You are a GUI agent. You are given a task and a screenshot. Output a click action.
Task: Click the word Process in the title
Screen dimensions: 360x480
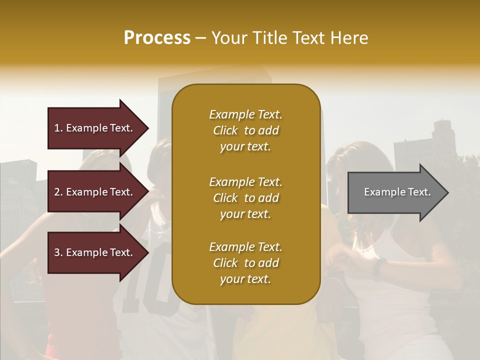coord(157,38)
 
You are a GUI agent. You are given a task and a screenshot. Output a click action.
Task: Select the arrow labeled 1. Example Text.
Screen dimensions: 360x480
coord(95,128)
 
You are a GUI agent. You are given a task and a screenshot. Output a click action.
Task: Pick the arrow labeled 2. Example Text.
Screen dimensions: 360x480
coord(95,192)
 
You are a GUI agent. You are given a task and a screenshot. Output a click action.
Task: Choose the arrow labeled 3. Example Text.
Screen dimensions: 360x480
coord(95,252)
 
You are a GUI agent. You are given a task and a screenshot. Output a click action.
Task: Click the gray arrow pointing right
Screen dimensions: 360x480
coord(395,192)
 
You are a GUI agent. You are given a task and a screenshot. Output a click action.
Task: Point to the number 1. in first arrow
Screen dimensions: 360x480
coord(58,128)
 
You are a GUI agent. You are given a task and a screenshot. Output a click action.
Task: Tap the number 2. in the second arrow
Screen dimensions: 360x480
coord(58,192)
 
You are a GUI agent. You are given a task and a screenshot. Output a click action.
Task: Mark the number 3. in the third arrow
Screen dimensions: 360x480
coord(58,252)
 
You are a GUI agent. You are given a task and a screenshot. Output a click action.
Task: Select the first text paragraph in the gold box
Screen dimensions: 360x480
coord(245,130)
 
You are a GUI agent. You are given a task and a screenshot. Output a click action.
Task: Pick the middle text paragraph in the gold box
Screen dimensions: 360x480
coord(245,198)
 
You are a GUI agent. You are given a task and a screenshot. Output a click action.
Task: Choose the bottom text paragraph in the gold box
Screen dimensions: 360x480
coord(245,263)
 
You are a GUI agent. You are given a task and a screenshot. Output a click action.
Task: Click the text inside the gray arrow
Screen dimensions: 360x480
coord(397,192)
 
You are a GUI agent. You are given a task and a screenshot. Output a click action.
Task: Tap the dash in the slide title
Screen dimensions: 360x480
coord(200,38)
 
